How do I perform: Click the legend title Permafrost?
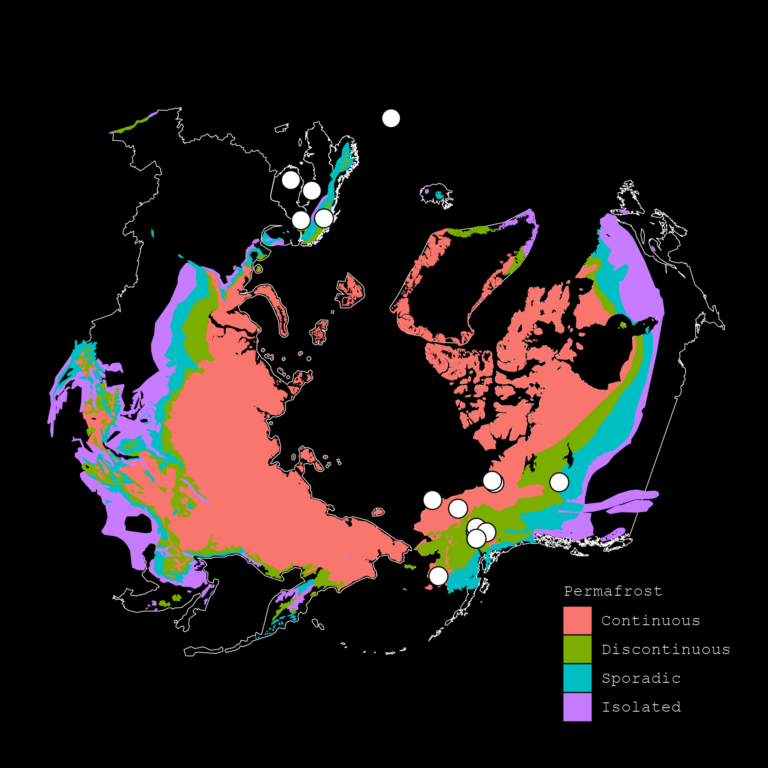(613, 591)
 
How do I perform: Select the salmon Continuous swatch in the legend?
(577, 620)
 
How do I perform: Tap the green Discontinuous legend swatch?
(577, 649)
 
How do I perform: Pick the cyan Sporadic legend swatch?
(577, 678)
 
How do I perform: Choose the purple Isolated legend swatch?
(577, 707)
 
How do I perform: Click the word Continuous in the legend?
(650, 621)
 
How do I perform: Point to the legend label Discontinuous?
(666, 650)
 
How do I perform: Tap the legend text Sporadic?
(641, 678)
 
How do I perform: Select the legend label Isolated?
(641, 707)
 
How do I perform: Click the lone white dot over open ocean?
(391, 118)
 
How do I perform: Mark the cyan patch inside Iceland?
(439, 195)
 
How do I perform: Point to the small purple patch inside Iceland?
(427, 192)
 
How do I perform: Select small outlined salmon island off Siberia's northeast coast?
(378, 512)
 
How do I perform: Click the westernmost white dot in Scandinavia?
(291, 180)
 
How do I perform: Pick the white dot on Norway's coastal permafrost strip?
(324, 218)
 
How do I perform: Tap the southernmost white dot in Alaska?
(438, 576)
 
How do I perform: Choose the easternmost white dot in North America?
(559, 482)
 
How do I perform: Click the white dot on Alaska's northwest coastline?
(432, 500)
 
